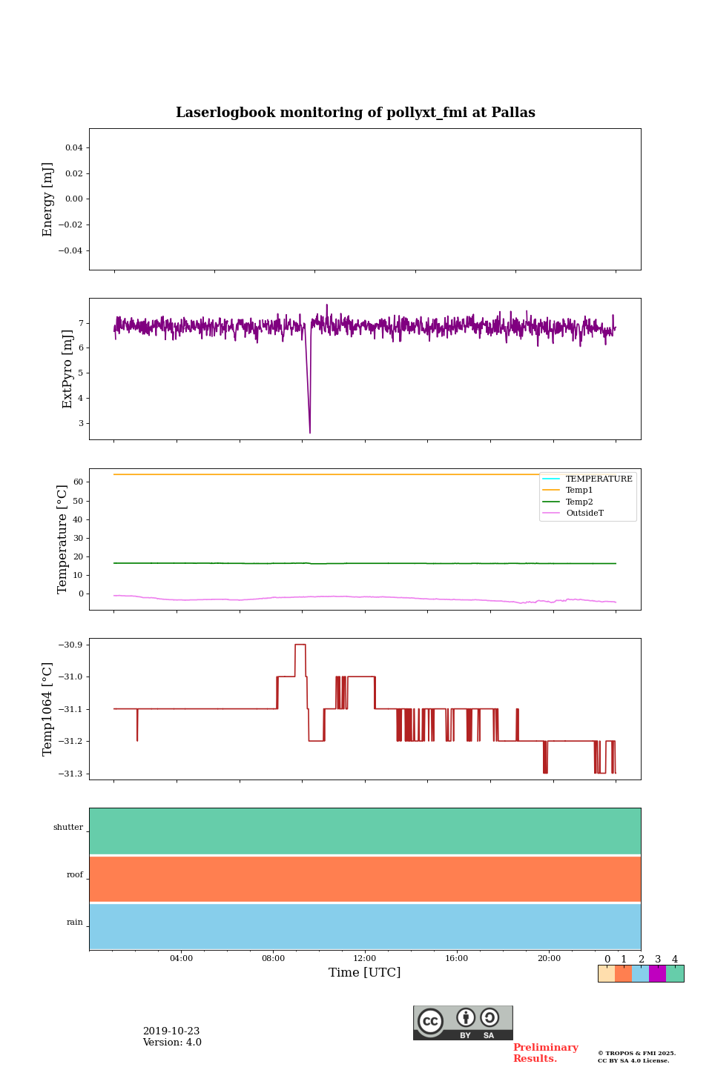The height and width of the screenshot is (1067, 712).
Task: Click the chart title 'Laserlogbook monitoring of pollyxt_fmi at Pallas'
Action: coord(355,113)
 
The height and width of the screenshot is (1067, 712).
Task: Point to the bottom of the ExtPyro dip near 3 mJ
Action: coord(310,433)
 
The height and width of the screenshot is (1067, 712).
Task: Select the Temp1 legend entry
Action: coord(579,491)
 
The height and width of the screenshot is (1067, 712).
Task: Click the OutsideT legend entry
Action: coord(584,513)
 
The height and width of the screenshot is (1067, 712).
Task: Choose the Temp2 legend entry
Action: coord(579,502)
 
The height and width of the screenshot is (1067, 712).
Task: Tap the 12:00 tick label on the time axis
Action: coord(365,959)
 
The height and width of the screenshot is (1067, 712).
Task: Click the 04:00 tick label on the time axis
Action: coord(181,959)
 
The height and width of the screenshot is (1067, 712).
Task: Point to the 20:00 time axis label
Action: coord(549,959)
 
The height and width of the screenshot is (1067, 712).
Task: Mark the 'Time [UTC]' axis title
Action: coord(365,973)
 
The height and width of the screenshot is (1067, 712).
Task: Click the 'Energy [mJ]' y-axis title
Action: coord(48,199)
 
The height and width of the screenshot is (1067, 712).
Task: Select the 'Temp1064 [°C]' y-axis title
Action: coord(48,709)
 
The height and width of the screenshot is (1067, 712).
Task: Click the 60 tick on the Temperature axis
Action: coord(77,482)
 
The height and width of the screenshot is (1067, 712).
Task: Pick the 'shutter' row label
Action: coord(68,828)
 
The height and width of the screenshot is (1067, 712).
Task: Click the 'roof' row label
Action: coord(75,875)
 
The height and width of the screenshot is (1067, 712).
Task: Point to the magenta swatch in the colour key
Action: coord(657,974)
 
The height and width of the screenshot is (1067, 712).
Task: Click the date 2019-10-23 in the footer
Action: coord(171,1031)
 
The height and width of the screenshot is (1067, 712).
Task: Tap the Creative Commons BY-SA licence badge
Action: coord(463,1023)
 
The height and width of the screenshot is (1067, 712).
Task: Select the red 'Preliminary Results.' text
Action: coord(545,1053)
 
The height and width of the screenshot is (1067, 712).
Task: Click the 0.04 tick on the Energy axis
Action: coord(73,148)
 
